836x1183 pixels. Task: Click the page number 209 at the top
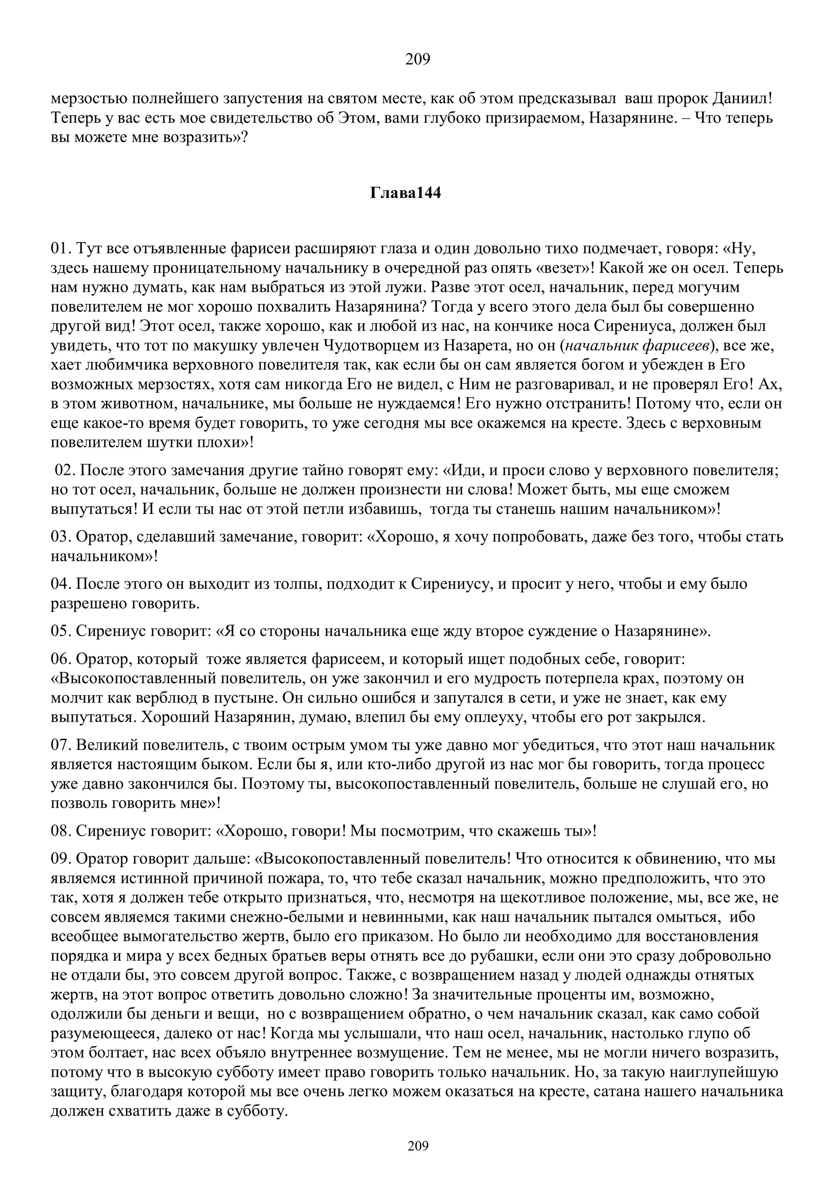pos(417,60)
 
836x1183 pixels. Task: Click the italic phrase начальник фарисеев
pos(638,346)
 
